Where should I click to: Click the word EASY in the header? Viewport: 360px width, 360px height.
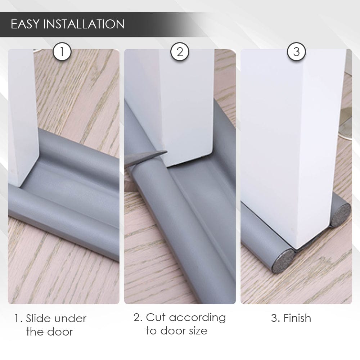[25, 24]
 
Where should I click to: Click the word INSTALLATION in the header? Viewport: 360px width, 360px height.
[84, 24]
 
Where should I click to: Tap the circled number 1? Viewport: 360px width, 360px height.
[62, 51]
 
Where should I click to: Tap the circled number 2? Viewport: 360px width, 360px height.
[180, 51]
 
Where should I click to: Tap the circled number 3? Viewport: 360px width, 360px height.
[296, 51]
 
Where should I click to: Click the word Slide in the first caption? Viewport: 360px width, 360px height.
[37, 319]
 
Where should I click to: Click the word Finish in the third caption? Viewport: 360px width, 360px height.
[297, 318]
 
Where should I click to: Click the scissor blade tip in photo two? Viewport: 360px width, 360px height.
[167, 152]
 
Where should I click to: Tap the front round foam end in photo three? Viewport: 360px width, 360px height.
[283, 261]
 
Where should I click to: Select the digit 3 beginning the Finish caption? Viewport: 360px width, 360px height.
[274, 319]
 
